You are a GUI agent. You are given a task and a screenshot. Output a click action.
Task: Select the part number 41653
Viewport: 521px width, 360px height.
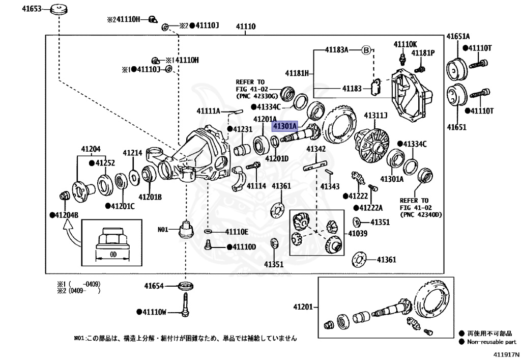tap(31, 9)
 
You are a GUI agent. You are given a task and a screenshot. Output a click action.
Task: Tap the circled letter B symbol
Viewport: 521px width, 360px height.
tap(365, 50)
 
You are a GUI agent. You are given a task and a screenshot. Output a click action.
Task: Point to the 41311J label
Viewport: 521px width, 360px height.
tap(375, 116)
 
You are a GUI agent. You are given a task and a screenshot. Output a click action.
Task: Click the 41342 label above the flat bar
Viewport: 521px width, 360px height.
tap(315, 149)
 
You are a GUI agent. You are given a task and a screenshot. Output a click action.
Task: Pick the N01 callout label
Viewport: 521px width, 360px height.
tap(163, 230)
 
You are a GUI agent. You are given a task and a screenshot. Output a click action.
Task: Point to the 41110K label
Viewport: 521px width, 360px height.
tap(405, 44)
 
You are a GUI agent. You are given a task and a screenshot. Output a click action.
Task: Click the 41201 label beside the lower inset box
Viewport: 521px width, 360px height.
tap(302, 307)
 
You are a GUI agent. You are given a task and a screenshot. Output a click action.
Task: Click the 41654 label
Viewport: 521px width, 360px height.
tap(153, 286)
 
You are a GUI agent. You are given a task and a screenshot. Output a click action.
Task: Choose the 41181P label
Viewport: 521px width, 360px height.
tap(423, 53)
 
